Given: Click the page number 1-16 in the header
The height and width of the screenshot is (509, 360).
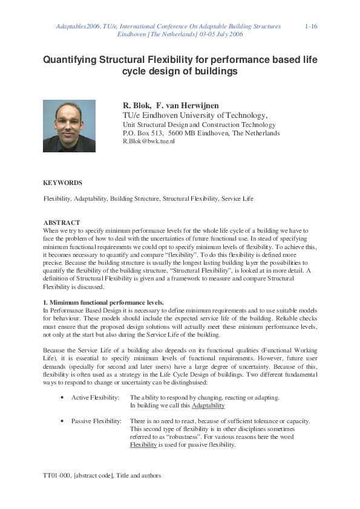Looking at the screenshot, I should [312, 27].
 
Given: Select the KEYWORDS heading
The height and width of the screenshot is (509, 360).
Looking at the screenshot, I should [62, 182].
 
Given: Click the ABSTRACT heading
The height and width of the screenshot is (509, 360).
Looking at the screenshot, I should [61, 222].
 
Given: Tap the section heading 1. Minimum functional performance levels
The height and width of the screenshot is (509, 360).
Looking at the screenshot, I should [103, 302].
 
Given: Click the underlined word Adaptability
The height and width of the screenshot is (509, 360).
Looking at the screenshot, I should [208, 406].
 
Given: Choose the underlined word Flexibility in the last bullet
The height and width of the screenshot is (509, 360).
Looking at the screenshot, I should [143, 444].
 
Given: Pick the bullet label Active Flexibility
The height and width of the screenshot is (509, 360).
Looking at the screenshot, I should [95, 398].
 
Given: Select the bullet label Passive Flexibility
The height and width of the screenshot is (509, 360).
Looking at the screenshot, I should [96, 421].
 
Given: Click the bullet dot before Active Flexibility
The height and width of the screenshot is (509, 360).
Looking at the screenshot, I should [64, 398].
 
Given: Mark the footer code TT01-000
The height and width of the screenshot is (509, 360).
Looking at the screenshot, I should [57, 476].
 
